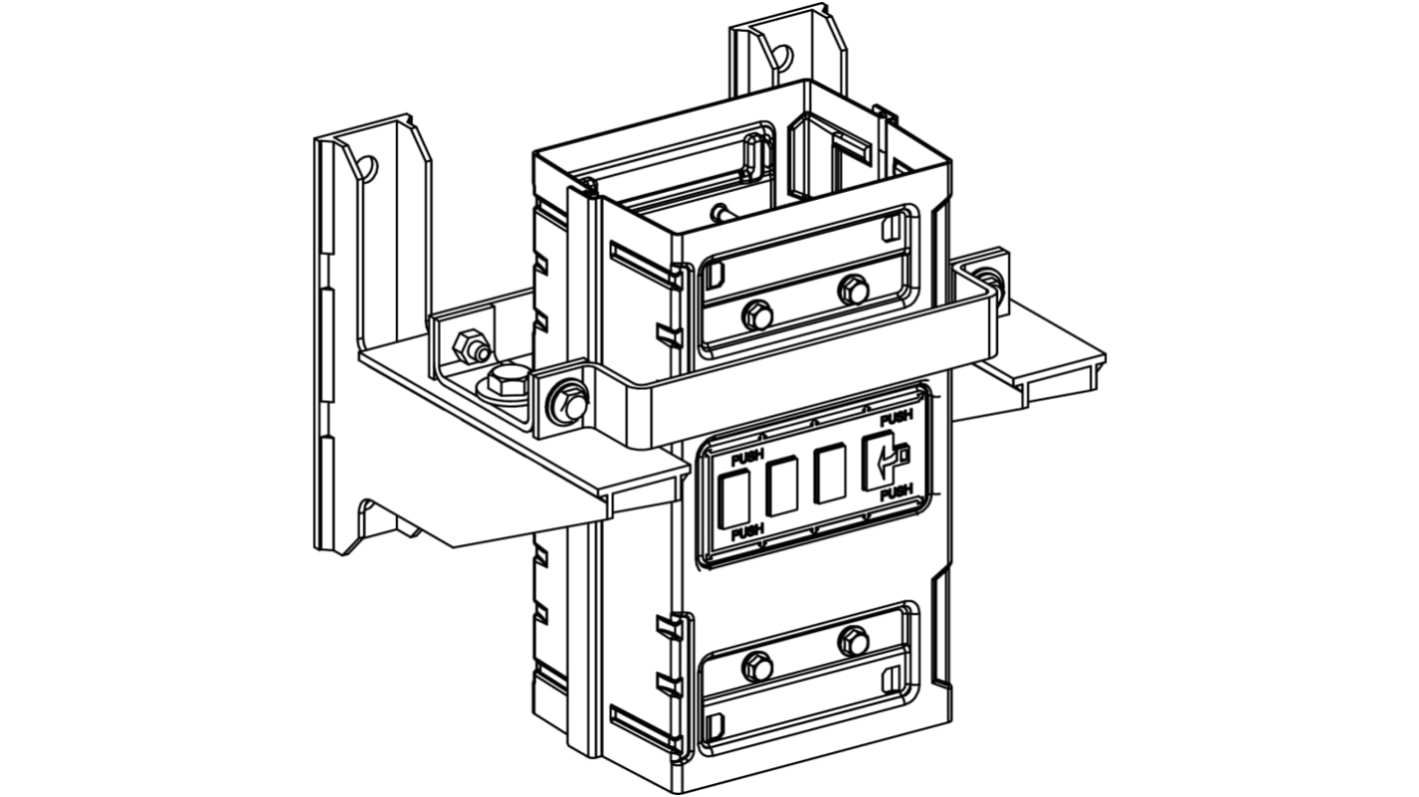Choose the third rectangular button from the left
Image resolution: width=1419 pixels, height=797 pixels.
(830, 475)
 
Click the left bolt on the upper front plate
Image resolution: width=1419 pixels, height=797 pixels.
(756, 317)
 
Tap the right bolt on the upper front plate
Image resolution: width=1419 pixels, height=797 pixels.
(852, 290)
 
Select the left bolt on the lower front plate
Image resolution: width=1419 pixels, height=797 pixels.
(756, 666)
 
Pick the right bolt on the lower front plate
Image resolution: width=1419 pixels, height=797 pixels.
(852, 640)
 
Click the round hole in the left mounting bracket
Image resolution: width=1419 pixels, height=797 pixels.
(367, 168)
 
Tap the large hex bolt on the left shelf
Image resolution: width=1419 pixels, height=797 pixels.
(509, 381)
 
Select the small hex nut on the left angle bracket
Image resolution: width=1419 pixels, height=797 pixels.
(468, 349)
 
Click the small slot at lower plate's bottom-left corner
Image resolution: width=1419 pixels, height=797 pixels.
(712, 723)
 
